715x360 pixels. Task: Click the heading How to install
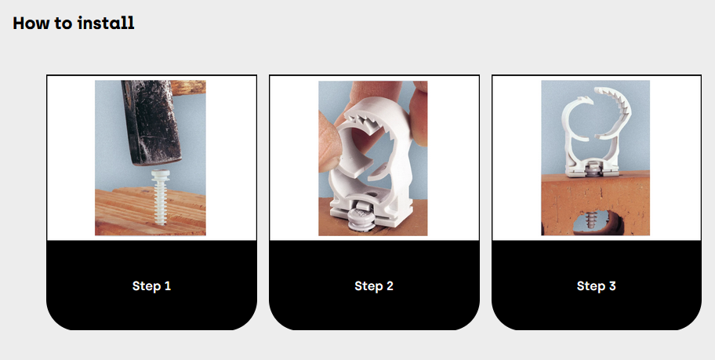(74, 23)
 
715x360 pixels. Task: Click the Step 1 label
(151, 286)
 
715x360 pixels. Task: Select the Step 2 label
(374, 286)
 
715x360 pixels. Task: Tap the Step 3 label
(596, 286)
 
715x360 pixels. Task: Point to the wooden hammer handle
(188, 88)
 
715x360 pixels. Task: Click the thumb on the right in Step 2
(417, 114)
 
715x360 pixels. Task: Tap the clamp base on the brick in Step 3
(591, 169)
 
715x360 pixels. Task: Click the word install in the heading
(106, 23)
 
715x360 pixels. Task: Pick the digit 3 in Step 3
(612, 286)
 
